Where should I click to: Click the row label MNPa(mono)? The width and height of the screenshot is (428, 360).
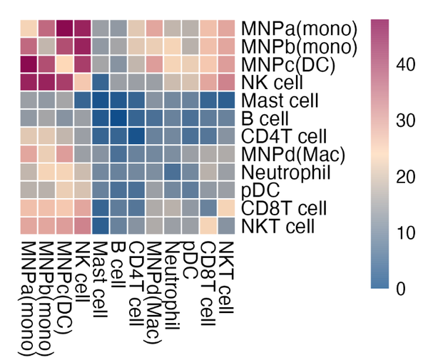pyautogui.click(x=299, y=29)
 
